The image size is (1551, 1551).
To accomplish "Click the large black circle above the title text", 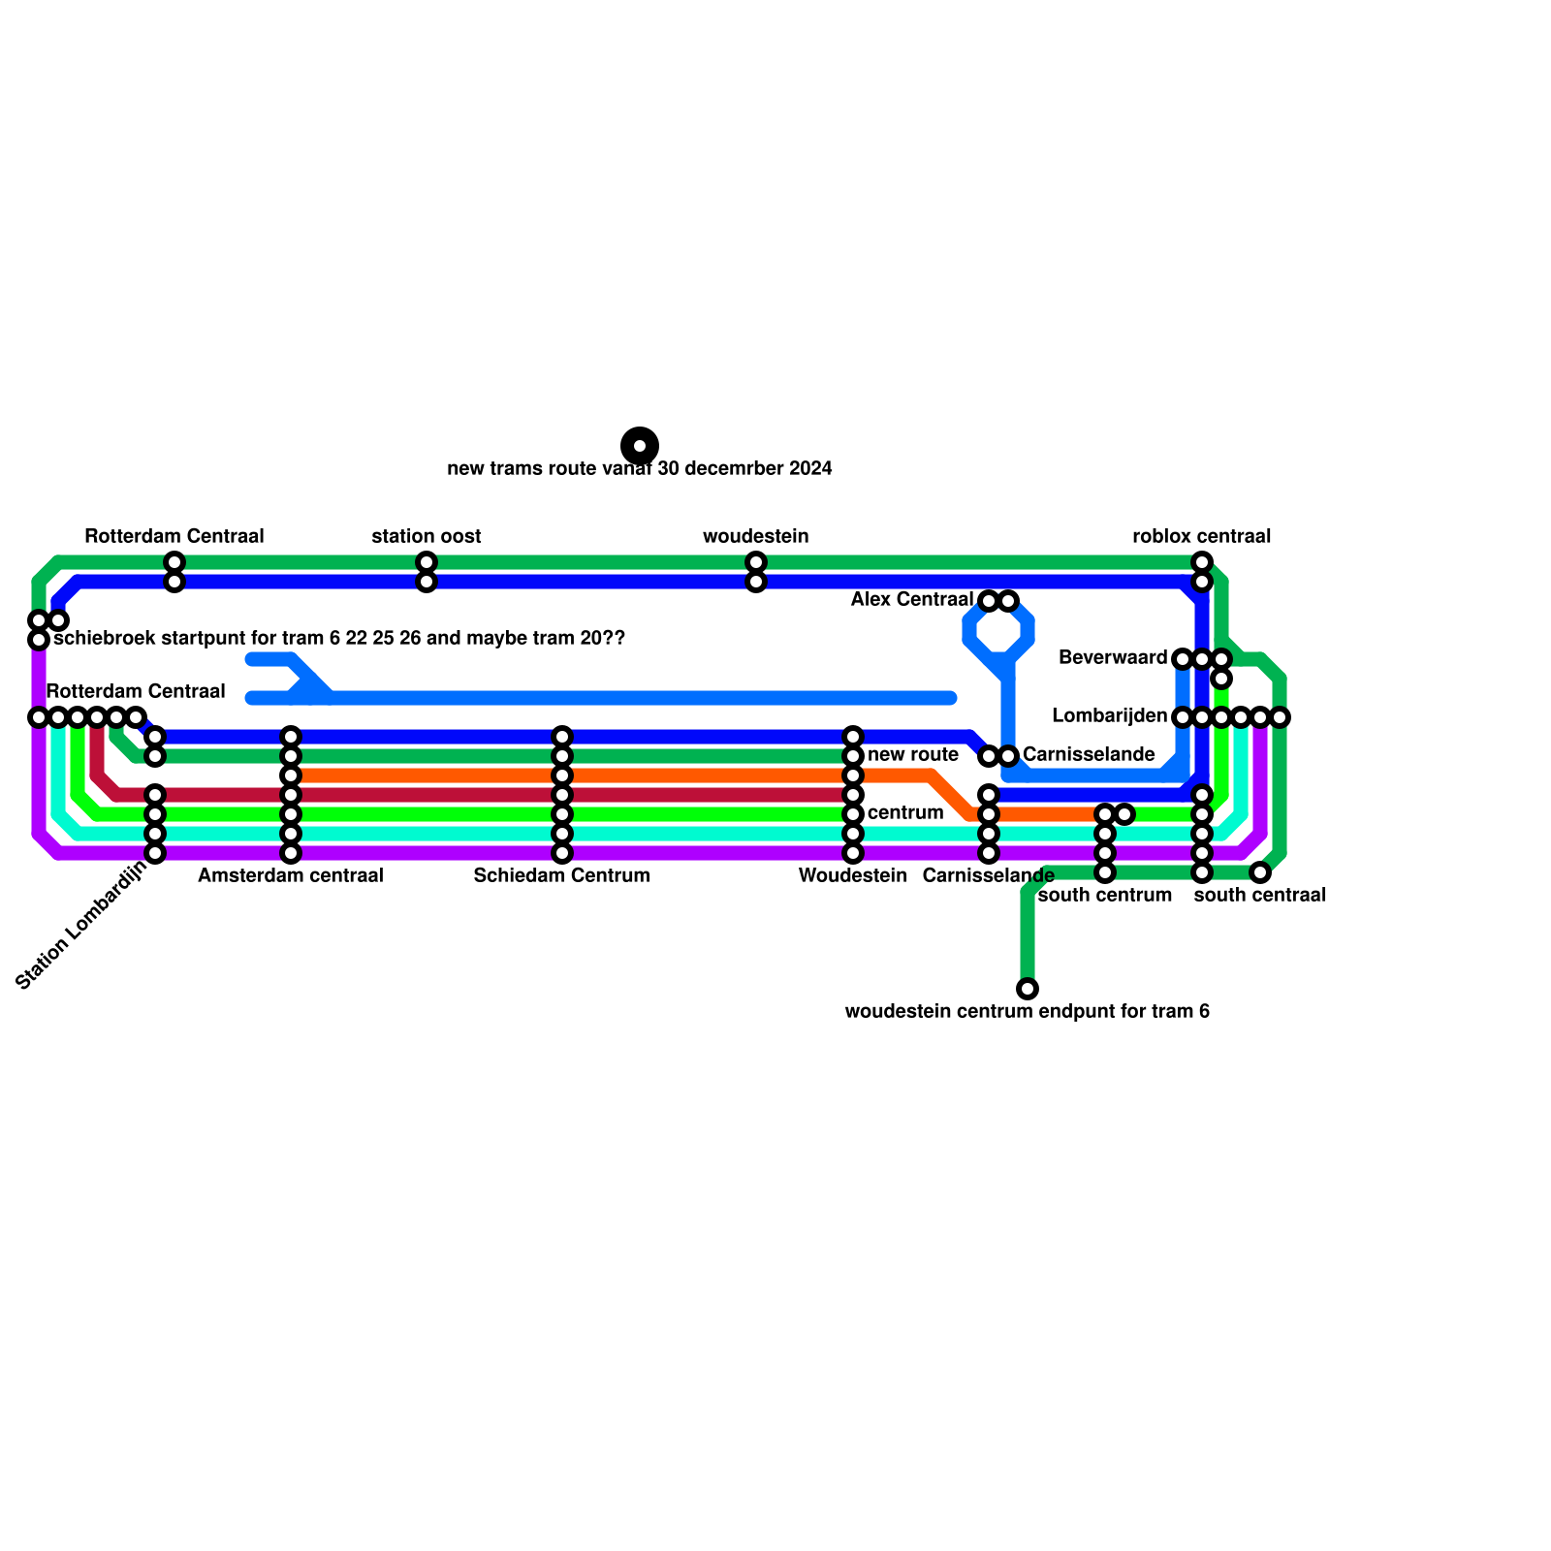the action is pos(640,446).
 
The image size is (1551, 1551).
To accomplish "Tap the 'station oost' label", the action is pos(427,537).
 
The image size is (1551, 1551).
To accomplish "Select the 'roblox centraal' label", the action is pos(1202,537).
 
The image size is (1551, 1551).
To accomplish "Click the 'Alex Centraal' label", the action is pos(912,600).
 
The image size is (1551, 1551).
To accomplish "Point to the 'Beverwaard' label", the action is pos(1113,658).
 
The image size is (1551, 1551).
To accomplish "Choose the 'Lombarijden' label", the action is pos(1110,716).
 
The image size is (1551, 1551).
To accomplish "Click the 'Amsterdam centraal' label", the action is pos(291,876).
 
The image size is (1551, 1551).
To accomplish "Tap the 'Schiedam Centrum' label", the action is pos(562,876).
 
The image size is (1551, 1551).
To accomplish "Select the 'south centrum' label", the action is pos(1105,896).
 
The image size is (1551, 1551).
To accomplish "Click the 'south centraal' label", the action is pos(1260,896).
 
